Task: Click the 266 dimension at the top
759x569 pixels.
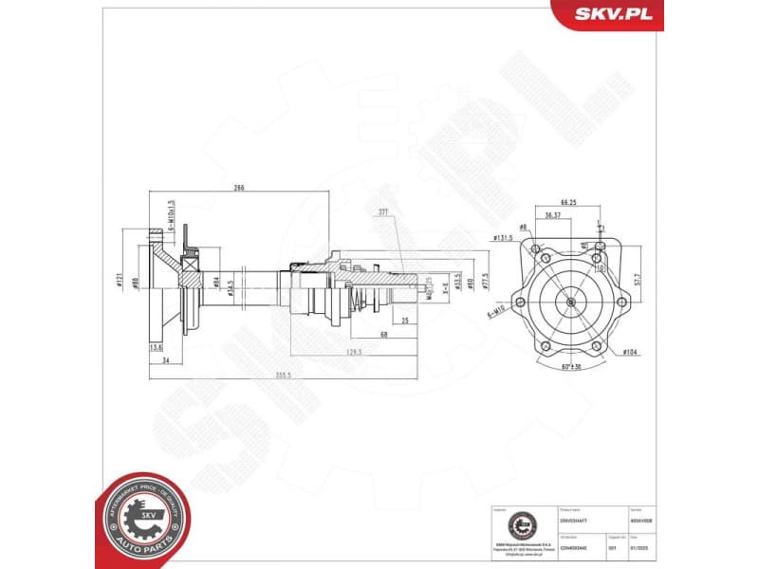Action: tap(239, 188)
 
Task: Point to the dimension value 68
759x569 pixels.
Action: tap(382, 334)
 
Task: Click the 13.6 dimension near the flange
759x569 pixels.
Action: tap(157, 347)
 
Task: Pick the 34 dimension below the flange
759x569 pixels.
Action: tap(165, 360)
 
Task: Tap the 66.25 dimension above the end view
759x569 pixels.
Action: tap(568, 202)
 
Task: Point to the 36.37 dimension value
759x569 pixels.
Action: tap(552, 215)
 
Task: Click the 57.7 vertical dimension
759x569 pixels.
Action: tap(639, 280)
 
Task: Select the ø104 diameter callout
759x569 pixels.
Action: tap(630, 352)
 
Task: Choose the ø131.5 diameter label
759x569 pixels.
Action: tap(502, 238)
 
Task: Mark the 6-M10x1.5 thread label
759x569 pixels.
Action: tap(171, 215)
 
